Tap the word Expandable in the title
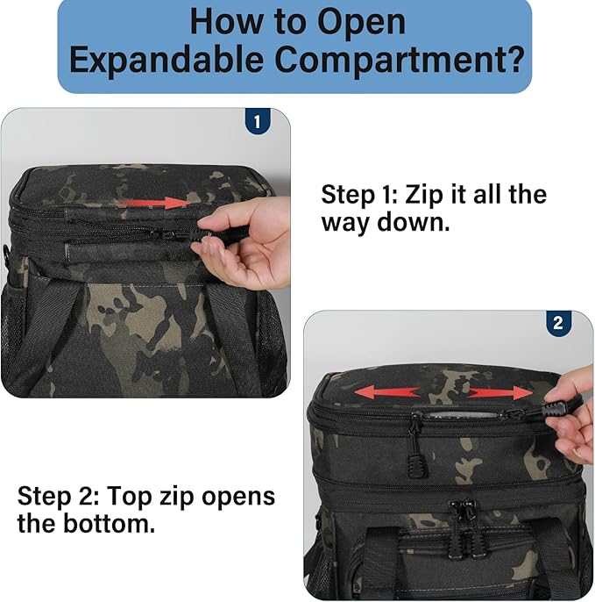point(169,60)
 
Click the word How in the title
point(226,21)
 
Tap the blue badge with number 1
point(256,121)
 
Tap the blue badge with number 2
point(558,323)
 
